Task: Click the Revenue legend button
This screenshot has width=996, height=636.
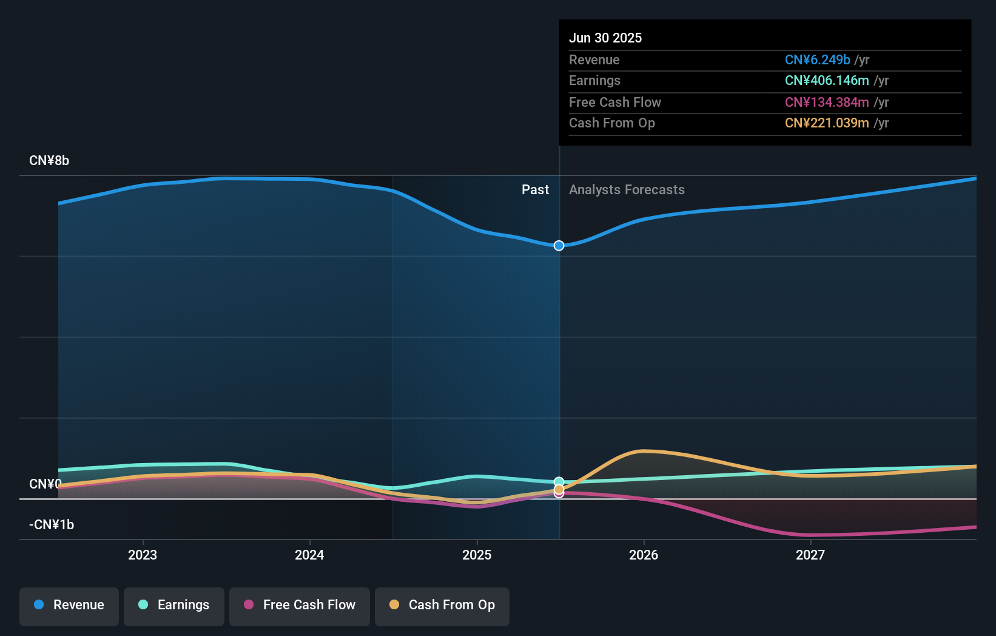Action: [69, 605]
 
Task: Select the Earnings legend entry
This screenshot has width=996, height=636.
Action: [174, 605]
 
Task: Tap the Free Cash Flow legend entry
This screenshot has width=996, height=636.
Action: [300, 605]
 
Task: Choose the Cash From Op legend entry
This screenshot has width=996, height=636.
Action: [442, 605]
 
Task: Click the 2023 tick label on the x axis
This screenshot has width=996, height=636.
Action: [143, 555]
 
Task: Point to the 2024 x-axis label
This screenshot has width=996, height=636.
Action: [309, 555]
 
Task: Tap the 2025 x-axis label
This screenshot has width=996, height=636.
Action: [477, 555]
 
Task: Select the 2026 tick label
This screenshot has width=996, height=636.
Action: [644, 555]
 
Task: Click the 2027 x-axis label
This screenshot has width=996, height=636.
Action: [810, 555]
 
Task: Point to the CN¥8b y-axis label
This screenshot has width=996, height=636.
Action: [49, 161]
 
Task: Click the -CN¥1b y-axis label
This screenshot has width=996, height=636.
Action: [52, 525]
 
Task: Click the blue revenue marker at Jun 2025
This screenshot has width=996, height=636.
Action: [559, 246]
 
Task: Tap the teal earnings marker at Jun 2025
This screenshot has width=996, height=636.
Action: [559, 482]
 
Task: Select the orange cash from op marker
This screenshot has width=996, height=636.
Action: [559, 489]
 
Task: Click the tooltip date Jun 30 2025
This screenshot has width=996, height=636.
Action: [605, 38]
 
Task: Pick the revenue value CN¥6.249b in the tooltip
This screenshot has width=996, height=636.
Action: [817, 60]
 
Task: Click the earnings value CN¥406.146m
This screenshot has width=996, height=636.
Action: [827, 81]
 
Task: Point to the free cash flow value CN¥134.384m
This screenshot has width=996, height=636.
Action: [827, 103]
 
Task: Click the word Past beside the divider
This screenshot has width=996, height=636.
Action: [535, 190]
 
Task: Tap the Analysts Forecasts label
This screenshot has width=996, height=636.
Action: [627, 190]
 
